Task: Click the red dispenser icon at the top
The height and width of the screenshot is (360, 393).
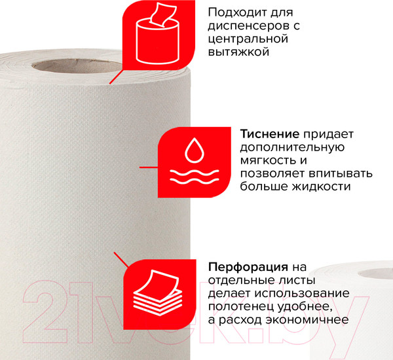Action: click(x=158, y=35)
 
